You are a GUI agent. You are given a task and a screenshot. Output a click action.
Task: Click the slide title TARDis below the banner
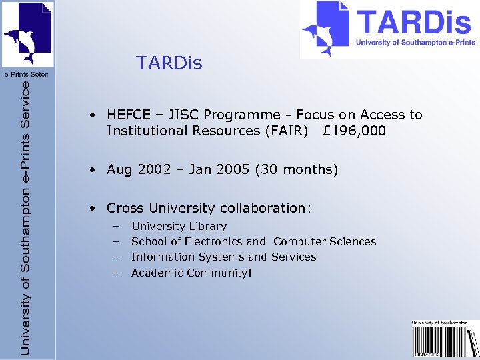coord(169,63)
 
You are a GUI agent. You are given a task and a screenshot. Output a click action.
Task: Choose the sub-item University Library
coord(179,227)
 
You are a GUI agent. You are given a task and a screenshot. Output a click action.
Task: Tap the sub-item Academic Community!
coord(192,273)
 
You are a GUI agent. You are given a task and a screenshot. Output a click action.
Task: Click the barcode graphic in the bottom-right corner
coord(445,341)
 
